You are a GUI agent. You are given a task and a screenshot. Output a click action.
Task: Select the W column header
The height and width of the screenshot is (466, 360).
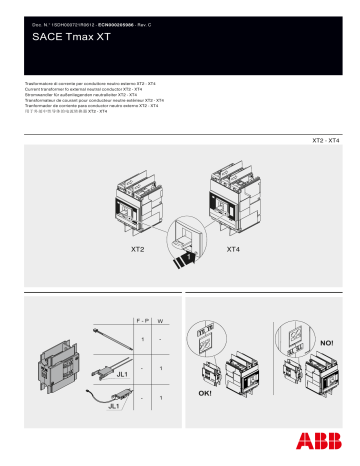coord(162,321)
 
